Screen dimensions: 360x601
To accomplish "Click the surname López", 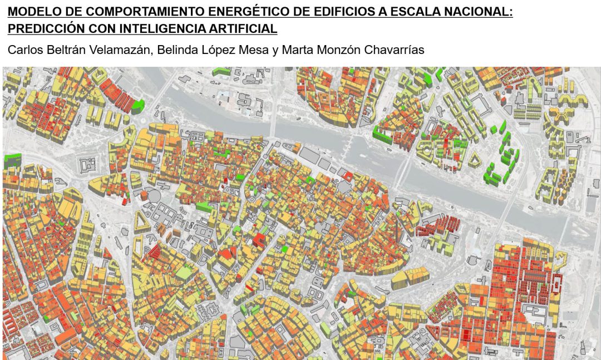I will click(x=222, y=50).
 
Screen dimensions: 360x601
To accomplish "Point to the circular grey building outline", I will click(x=151, y=196).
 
